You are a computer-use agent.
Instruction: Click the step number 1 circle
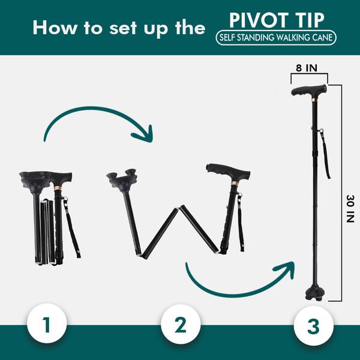[47, 323]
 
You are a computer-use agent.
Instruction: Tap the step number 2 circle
[181, 324]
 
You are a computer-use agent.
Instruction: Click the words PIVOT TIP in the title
[277, 20]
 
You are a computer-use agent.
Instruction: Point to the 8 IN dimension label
[307, 68]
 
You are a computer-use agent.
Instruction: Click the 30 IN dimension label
[350, 209]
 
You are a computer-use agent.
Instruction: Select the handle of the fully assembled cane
[309, 91]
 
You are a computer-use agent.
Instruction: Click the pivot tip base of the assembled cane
[313, 295]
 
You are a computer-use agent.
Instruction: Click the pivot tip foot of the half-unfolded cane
[122, 178]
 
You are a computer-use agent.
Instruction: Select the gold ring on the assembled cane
[314, 100]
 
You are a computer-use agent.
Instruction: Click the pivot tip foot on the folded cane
[35, 180]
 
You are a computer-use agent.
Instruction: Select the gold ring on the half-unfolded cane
[235, 183]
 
